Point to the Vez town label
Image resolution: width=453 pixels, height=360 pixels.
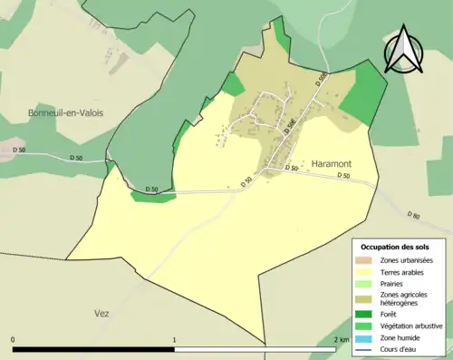point(101,313)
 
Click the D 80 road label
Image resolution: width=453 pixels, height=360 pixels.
point(413,216)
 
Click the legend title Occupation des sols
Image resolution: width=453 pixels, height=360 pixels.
point(395,247)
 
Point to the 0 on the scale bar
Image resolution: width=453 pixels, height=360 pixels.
point(13,339)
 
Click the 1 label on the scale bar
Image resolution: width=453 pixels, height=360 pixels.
point(174,339)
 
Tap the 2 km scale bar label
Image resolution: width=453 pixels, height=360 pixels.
point(341,339)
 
